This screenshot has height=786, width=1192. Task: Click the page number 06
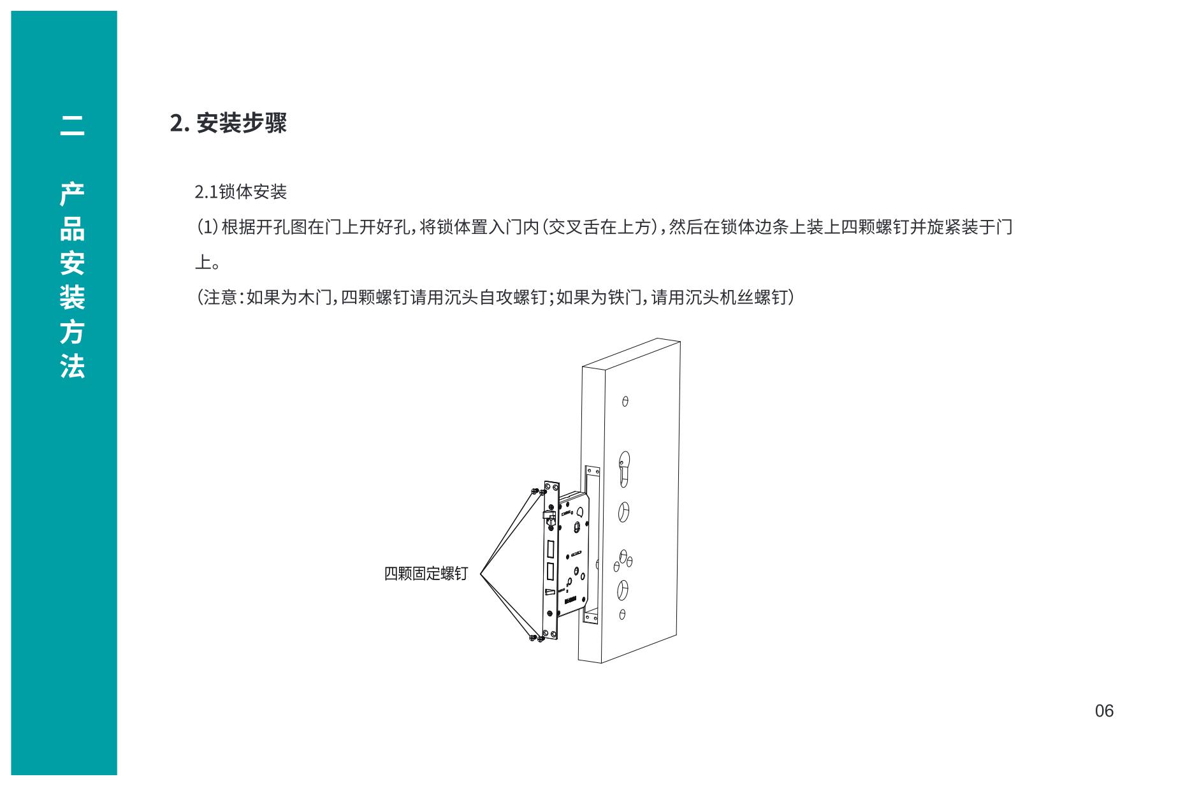point(1104,711)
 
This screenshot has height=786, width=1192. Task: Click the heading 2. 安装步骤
point(228,123)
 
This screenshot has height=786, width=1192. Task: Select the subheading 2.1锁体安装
point(241,192)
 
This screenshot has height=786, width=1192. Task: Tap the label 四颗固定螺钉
point(426,573)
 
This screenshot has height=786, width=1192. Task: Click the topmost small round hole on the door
point(625,402)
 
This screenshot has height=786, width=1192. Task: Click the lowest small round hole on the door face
point(622,615)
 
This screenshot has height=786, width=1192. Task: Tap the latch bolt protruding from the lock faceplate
point(548,516)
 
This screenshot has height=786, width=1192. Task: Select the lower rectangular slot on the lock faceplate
point(550,572)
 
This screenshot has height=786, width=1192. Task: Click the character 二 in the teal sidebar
point(72,125)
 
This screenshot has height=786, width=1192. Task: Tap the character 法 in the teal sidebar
point(72,367)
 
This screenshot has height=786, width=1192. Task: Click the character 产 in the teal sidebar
point(72,194)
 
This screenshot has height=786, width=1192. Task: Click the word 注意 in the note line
point(221,297)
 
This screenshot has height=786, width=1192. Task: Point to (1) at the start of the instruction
point(207,227)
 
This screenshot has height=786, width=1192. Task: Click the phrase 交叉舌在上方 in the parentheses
point(601,227)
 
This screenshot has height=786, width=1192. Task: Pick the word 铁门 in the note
point(625,297)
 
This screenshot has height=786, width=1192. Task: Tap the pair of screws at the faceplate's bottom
point(537,637)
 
